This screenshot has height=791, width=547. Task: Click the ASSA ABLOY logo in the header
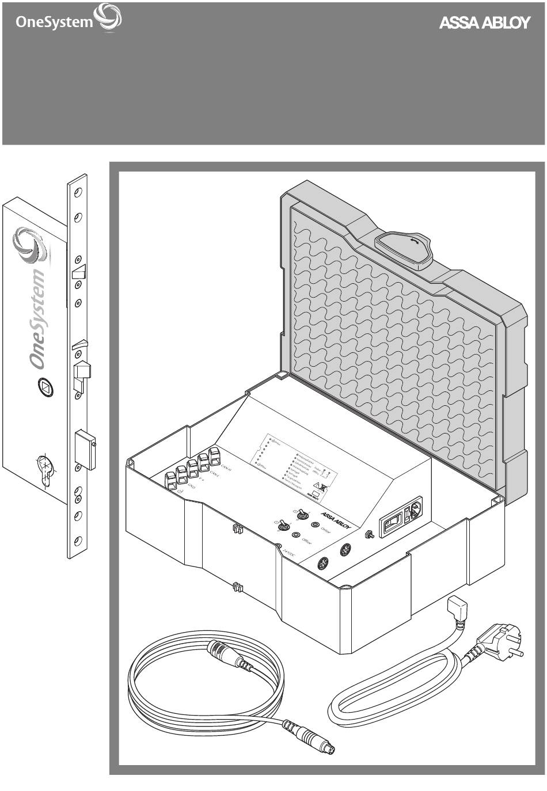484,23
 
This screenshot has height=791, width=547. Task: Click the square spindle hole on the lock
44,387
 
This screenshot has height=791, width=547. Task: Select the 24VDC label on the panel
289,554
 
